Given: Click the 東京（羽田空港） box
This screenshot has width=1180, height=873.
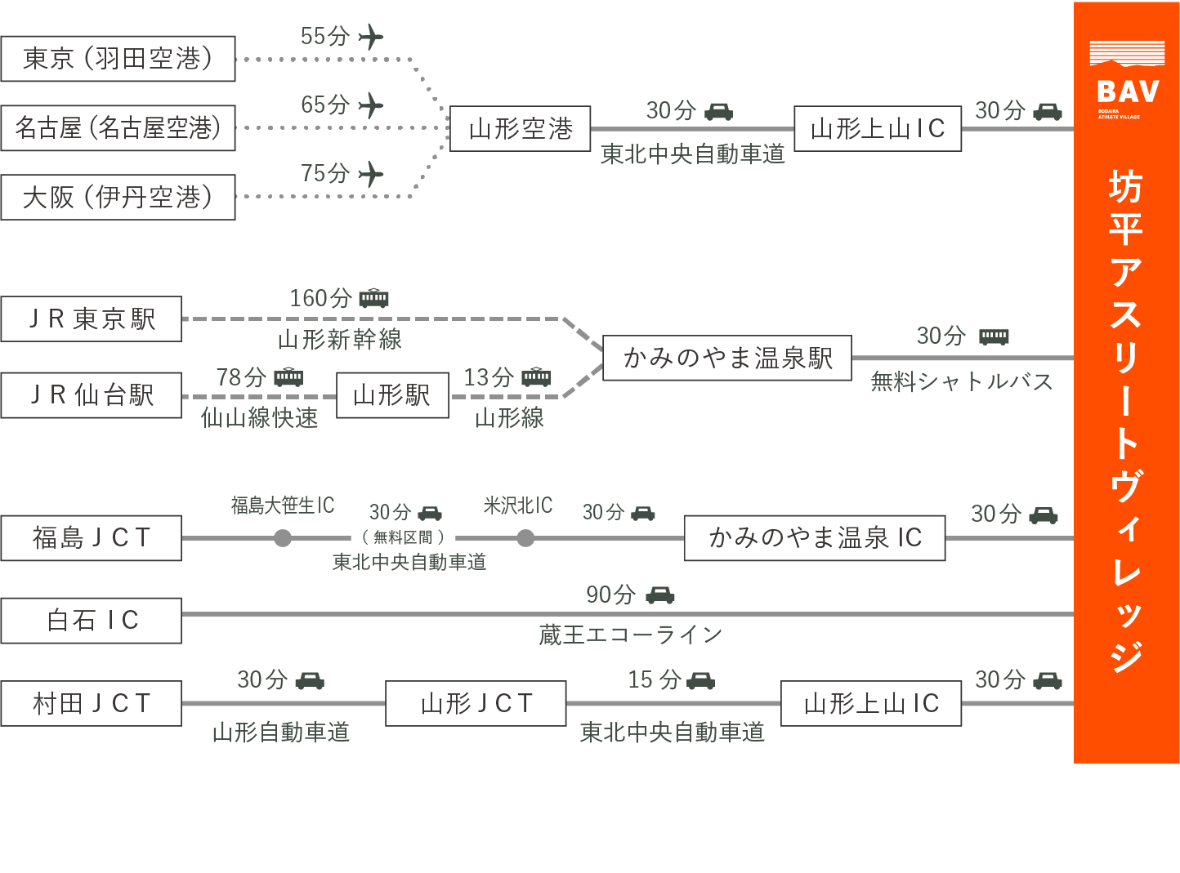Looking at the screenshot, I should point(118,59).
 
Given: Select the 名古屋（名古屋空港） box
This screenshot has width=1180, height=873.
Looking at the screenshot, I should point(118,128).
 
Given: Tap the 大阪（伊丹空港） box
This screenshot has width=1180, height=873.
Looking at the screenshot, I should point(118,197).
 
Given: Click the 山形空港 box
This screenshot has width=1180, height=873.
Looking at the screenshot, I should point(520,129).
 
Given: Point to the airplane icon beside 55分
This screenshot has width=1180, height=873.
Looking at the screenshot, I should point(371,37).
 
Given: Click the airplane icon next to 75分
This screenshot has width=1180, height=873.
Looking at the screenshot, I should point(371,174).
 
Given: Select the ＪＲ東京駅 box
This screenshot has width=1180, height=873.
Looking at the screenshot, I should point(91,318).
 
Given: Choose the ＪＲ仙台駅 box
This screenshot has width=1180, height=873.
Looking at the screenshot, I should point(91,395).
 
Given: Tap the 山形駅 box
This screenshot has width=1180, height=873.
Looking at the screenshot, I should point(392,395).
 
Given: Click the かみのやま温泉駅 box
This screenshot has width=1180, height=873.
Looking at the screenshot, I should point(726,358).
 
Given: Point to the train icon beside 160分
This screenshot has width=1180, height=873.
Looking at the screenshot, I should point(374,298).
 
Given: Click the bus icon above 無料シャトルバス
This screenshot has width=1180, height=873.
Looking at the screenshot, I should point(994,336).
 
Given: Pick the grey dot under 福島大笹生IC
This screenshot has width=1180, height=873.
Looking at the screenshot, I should point(283,538).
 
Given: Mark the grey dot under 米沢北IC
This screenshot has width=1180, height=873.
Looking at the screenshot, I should point(525,538).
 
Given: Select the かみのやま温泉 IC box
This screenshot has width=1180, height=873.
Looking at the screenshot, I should point(814,538).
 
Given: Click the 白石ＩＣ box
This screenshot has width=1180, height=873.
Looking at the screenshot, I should point(91,621).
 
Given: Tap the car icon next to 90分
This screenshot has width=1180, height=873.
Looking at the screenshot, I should point(660,595).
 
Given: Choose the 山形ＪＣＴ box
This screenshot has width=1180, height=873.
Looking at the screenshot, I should point(476,703).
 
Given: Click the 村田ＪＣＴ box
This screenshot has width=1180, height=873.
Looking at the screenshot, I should point(91,703).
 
